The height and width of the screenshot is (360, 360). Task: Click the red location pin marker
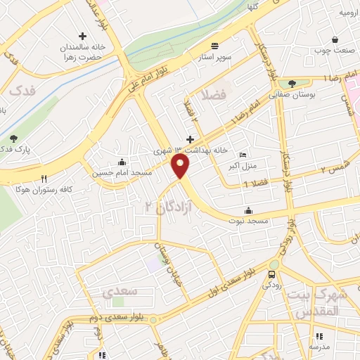click(181, 167)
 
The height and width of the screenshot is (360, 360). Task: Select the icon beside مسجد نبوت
click(247, 210)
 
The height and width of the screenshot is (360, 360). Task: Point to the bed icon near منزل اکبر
click(243, 155)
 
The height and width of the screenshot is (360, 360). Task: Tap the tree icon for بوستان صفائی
click(292, 83)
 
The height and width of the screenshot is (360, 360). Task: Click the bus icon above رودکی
click(271, 274)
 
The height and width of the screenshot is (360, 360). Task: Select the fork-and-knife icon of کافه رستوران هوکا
click(44, 179)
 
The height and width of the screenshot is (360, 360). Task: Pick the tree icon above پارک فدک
click(13, 138)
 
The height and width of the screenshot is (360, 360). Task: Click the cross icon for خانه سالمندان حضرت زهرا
click(83, 36)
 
